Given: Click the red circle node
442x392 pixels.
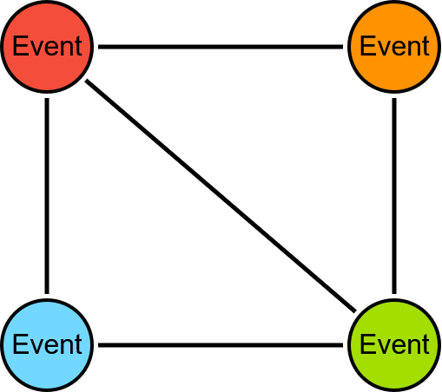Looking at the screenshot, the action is click(47, 47).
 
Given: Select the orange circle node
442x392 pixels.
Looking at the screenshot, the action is click(394, 47).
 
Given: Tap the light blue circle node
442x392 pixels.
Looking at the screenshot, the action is click(47, 345).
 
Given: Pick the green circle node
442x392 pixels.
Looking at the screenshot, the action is click(394, 345).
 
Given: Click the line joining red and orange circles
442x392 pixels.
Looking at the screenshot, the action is click(221, 47).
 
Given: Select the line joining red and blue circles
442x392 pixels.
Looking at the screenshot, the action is click(47, 196).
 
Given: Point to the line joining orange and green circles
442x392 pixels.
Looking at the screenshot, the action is click(394, 196).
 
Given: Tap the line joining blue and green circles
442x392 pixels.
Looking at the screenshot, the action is click(221, 345).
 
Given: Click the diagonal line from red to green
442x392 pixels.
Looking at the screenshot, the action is click(221, 196).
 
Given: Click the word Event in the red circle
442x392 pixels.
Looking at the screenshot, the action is click(48, 46).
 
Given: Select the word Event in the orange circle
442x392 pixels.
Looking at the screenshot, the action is click(394, 46).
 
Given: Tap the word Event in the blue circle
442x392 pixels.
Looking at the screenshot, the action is click(48, 344).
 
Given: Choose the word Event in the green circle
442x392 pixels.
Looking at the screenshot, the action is click(394, 344).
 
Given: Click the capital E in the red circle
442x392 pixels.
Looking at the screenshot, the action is click(19, 46).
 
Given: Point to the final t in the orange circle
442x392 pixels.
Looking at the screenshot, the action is click(426, 46).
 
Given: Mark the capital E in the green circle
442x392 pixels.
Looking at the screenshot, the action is click(366, 344).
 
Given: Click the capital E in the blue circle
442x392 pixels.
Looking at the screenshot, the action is click(19, 344).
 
